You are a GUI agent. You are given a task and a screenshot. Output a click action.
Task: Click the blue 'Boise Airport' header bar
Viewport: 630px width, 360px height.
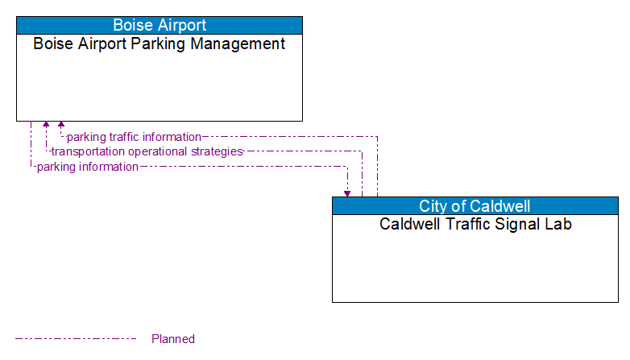click(x=160, y=25)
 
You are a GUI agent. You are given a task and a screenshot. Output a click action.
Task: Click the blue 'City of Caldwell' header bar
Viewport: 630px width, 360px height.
click(x=475, y=205)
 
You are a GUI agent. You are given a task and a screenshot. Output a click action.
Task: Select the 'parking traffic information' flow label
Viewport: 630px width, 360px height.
click(x=134, y=137)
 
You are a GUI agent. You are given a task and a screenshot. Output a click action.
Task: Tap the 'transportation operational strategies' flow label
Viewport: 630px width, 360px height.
click(x=147, y=151)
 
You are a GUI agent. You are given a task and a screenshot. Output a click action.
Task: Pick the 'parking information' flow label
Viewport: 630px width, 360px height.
click(x=87, y=167)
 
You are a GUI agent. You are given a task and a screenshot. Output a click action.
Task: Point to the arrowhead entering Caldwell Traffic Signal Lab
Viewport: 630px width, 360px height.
click(x=347, y=193)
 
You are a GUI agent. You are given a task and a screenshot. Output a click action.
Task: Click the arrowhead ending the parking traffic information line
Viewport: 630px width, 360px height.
click(x=61, y=125)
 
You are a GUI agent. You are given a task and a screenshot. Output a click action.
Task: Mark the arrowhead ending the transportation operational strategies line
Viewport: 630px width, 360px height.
click(x=46, y=125)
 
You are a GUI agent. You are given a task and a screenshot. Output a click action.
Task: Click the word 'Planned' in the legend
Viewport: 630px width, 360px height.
click(x=173, y=339)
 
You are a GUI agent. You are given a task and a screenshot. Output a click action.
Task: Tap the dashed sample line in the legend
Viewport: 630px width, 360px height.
click(x=76, y=339)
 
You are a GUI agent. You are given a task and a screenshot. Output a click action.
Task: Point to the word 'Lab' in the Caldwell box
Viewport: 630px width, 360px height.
click(x=557, y=224)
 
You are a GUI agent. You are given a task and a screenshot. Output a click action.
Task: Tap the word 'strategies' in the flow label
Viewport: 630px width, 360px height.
click(x=217, y=151)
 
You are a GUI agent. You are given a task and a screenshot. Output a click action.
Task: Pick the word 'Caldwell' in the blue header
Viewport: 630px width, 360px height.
click(x=500, y=205)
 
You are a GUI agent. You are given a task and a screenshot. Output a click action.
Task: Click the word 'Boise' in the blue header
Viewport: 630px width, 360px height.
click(x=133, y=25)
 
